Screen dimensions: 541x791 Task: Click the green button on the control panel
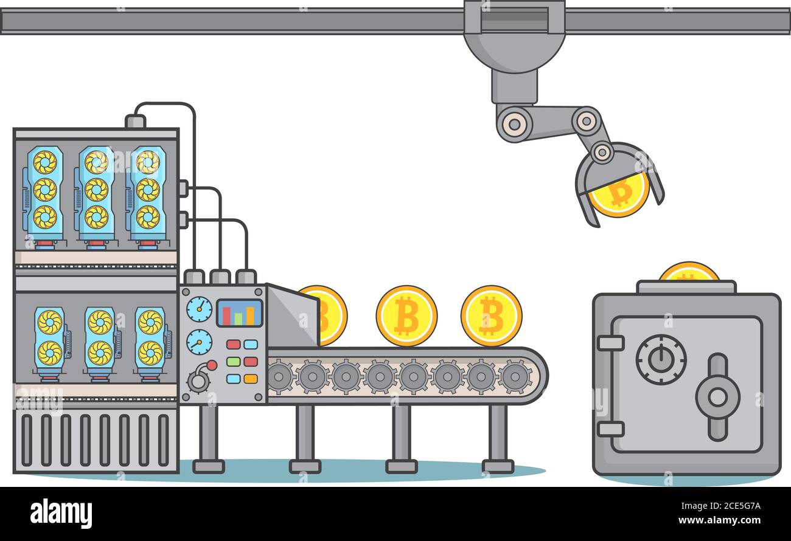233,362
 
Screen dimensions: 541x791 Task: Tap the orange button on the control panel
251,379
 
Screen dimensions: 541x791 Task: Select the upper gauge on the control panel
199,309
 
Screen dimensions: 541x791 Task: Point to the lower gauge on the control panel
199,342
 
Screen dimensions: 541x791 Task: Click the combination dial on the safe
661,359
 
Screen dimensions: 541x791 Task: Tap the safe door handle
717,397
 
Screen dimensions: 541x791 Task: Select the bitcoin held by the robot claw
619,194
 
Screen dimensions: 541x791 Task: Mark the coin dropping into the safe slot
688,272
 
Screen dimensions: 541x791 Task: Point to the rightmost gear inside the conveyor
515,377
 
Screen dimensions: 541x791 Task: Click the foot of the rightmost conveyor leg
498,466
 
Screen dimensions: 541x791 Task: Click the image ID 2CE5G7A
727,506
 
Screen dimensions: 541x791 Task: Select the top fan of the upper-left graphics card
45,162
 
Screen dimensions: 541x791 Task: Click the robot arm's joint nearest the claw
602,152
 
